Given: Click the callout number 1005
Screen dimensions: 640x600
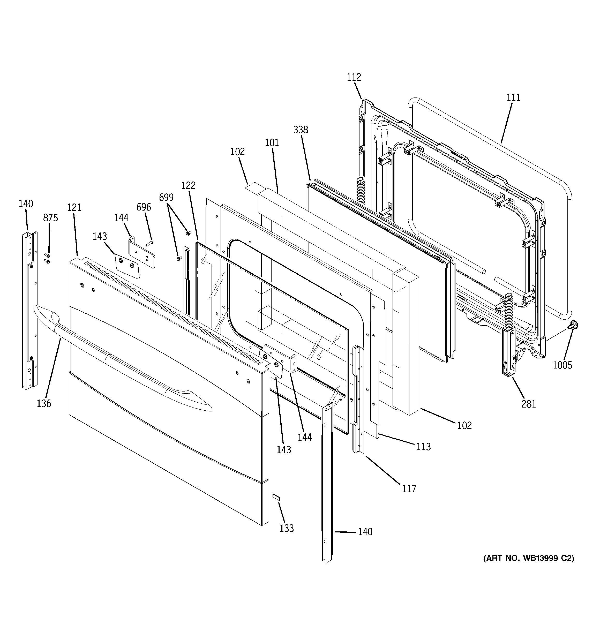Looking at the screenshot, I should tap(562, 365).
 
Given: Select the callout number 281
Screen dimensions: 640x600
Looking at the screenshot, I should tap(529, 404).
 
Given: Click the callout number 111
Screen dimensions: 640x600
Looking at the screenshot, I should tap(513, 97).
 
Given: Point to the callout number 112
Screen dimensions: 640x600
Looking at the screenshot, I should tap(354, 77).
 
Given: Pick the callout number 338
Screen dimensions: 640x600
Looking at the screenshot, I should tap(301, 130).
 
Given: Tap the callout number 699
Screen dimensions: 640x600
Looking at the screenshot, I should tap(166, 197).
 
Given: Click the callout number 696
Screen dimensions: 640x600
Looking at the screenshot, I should tap(144, 207).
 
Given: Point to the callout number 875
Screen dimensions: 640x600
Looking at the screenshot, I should tap(51, 218).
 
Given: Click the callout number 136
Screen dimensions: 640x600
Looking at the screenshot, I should tap(44, 403).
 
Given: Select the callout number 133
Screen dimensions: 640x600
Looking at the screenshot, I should tap(287, 528).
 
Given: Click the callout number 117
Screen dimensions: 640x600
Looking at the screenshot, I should tap(409, 489).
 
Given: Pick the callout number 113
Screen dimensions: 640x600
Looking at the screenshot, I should tap(423, 447).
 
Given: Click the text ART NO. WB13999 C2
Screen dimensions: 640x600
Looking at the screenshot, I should tap(529, 558).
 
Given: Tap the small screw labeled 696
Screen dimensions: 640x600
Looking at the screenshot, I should tap(149, 243).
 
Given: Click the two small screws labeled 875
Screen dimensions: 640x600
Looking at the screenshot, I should tap(47, 258).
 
